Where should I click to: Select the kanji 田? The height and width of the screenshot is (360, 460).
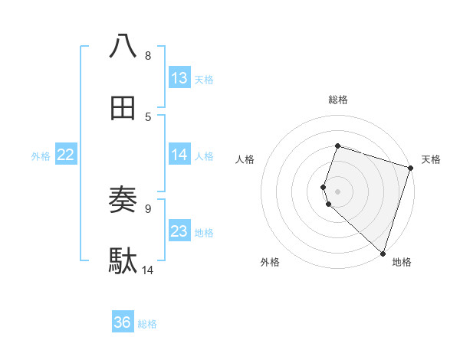123,109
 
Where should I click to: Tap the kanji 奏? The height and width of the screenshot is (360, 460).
123,200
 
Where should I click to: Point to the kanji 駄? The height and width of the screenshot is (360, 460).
123,261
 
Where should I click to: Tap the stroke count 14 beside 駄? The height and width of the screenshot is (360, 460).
148,270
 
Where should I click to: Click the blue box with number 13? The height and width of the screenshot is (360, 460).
179,78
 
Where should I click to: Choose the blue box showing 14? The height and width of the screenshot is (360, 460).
179,155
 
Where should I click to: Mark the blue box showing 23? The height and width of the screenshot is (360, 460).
179,231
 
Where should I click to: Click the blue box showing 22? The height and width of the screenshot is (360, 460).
66,155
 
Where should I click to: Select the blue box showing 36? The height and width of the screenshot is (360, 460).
123,322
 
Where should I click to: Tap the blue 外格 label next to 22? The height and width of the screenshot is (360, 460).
41,155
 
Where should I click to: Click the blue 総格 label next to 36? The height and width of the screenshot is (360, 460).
147,323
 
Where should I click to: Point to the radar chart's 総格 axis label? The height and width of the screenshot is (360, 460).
338,100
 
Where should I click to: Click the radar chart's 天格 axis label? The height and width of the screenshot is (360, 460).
431,159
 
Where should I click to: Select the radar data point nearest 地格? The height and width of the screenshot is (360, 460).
383,253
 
